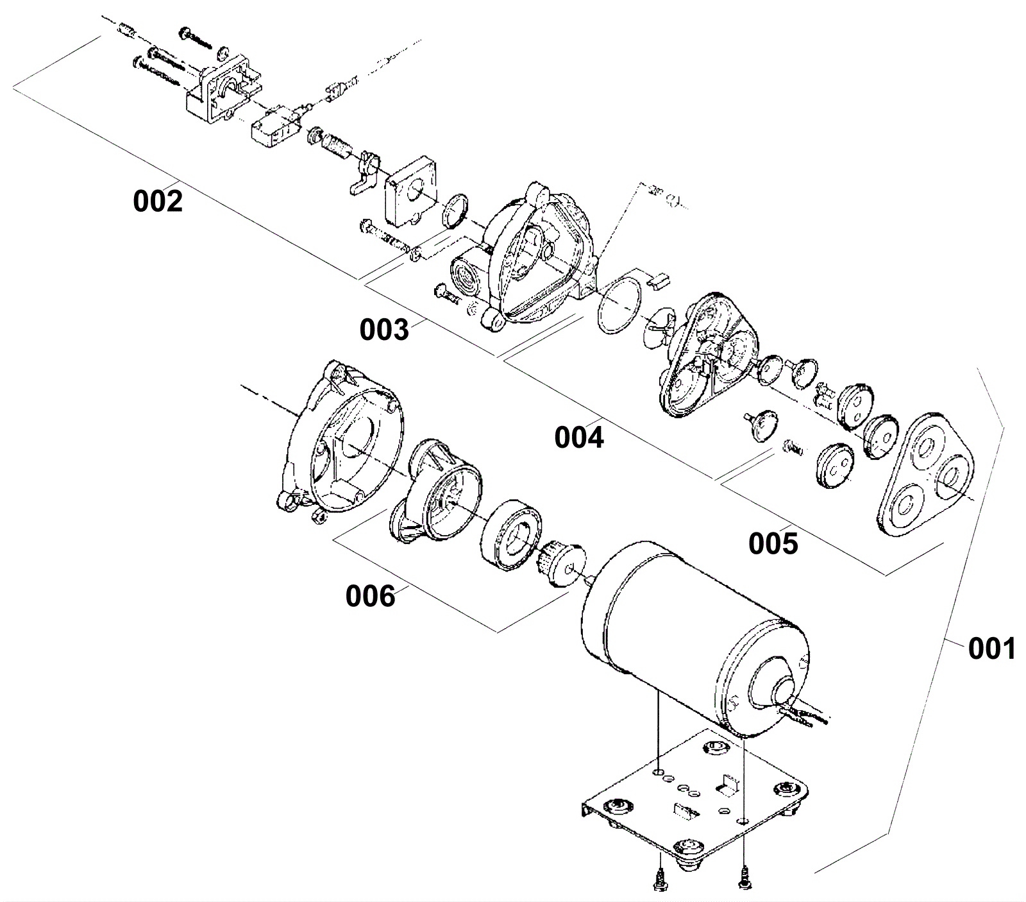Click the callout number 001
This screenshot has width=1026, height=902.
point(992,649)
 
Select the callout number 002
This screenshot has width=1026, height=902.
point(158,201)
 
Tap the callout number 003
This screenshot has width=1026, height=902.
point(383,330)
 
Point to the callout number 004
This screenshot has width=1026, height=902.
point(579,438)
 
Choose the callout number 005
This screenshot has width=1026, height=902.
point(773,544)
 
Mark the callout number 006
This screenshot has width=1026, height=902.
point(371,597)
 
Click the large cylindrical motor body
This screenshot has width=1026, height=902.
point(693,635)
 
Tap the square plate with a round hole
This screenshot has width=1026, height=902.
point(410,190)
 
